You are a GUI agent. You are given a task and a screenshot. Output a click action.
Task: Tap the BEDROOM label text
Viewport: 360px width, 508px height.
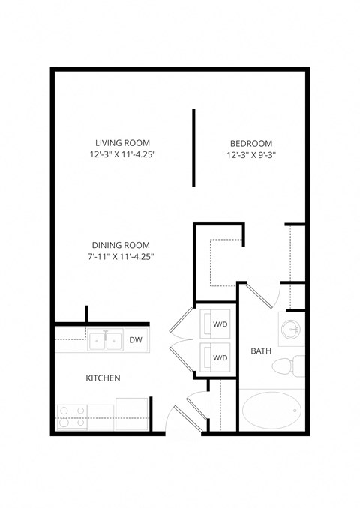coord(250,144)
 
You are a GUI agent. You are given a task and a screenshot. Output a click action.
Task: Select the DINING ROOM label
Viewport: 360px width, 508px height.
coord(120,245)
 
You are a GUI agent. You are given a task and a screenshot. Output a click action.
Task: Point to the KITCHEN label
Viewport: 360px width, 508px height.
coord(103,378)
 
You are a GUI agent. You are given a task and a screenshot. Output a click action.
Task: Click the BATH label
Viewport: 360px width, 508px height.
coord(260,351)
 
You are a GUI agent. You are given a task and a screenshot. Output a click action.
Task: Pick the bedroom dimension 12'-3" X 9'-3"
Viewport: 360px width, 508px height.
coord(250,155)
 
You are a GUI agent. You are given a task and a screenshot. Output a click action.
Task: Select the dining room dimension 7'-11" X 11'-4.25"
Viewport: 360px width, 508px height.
coord(120,257)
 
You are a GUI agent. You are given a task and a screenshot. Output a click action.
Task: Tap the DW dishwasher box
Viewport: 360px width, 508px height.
coord(135,340)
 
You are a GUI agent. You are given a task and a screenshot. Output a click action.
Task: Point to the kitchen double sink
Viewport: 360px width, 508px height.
coord(105,342)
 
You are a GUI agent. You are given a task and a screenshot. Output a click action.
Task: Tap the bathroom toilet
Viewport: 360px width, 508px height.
coord(286,367)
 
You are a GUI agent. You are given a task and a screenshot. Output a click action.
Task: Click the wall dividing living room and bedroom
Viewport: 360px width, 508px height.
coord(193,148)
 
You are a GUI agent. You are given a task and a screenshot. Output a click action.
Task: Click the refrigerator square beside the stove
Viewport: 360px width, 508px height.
coord(131,414)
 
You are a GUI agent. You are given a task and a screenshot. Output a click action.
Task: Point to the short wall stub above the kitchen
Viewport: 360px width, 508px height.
coord(87,314)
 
